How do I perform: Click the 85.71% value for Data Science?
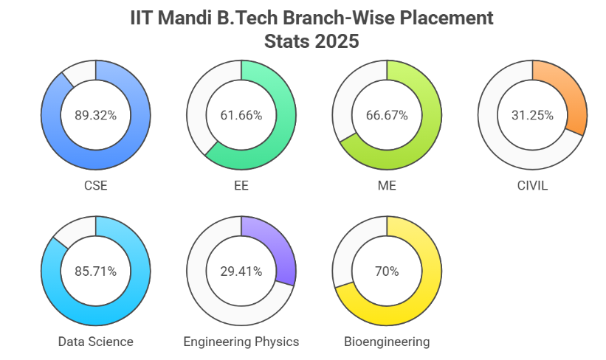[x=96, y=271]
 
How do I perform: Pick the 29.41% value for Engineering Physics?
[x=241, y=271]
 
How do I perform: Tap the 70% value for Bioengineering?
[x=387, y=271]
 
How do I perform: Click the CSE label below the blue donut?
[x=96, y=185]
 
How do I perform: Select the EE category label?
[x=241, y=185]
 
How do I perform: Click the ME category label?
[x=387, y=185]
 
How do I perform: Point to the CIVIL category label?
[x=532, y=185]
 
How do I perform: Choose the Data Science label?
[x=96, y=342]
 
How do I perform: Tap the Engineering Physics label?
[x=241, y=342]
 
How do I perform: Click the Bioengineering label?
[x=387, y=342]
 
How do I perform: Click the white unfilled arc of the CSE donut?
[x=79, y=72]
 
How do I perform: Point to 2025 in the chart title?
[x=337, y=41]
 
